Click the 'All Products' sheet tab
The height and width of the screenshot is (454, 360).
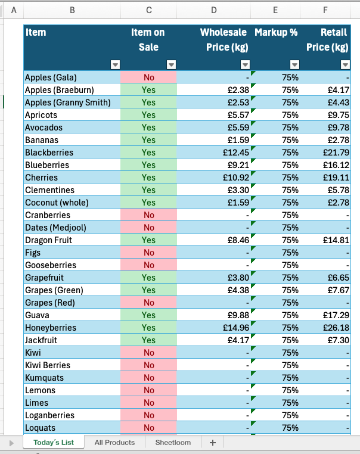114,442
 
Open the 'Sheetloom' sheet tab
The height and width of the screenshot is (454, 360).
173,442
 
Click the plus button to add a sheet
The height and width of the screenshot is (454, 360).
212,442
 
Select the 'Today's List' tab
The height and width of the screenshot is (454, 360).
54,442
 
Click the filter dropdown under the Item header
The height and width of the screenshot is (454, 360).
116,65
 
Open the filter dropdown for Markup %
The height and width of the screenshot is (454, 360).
294,65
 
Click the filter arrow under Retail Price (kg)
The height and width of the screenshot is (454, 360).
345,65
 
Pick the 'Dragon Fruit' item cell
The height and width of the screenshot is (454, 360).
48,240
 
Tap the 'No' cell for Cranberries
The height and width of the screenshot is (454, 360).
148,215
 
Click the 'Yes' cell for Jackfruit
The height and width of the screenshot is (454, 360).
148,340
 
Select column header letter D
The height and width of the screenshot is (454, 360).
214,10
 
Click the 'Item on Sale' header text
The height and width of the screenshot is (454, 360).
148,39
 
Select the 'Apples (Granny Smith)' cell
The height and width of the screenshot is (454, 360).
67,102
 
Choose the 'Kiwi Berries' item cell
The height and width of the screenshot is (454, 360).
48,365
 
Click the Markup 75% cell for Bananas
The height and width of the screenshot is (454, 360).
290,140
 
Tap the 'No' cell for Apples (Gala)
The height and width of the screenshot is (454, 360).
148,77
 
